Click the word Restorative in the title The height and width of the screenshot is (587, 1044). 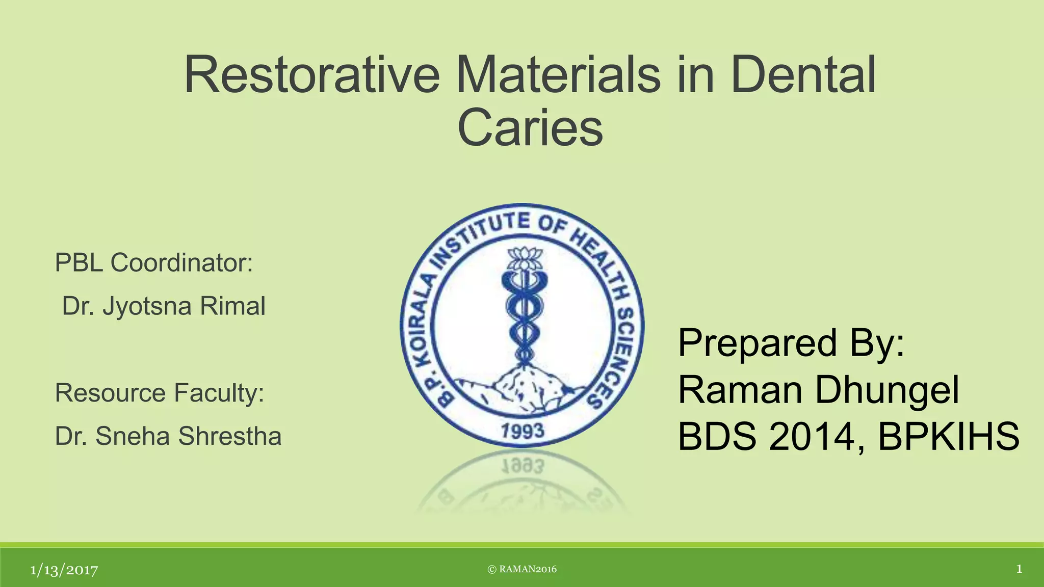[x=311, y=75]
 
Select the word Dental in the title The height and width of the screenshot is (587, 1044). [x=803, y=75]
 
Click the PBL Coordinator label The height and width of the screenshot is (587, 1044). [x=153, y=263]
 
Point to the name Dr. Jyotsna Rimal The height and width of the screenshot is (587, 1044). [x=163, y=306]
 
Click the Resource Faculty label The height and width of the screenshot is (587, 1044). [x=160, y=393]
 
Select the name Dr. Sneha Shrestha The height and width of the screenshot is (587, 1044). [x=168, y=437]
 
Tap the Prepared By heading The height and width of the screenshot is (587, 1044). [x=791, y=343]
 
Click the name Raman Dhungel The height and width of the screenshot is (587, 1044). [x=818, y=390]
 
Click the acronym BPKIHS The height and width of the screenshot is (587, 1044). [x=948, y=437]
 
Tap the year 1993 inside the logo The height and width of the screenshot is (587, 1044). [x=522, y=432]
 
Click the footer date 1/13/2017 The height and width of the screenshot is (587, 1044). [x=64, y=570]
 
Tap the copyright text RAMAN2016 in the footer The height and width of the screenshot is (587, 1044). [x=522, y=569]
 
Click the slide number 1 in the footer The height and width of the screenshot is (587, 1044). [x=1019, y=569]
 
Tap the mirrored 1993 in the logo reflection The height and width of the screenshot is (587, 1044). [x=523, y=466]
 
